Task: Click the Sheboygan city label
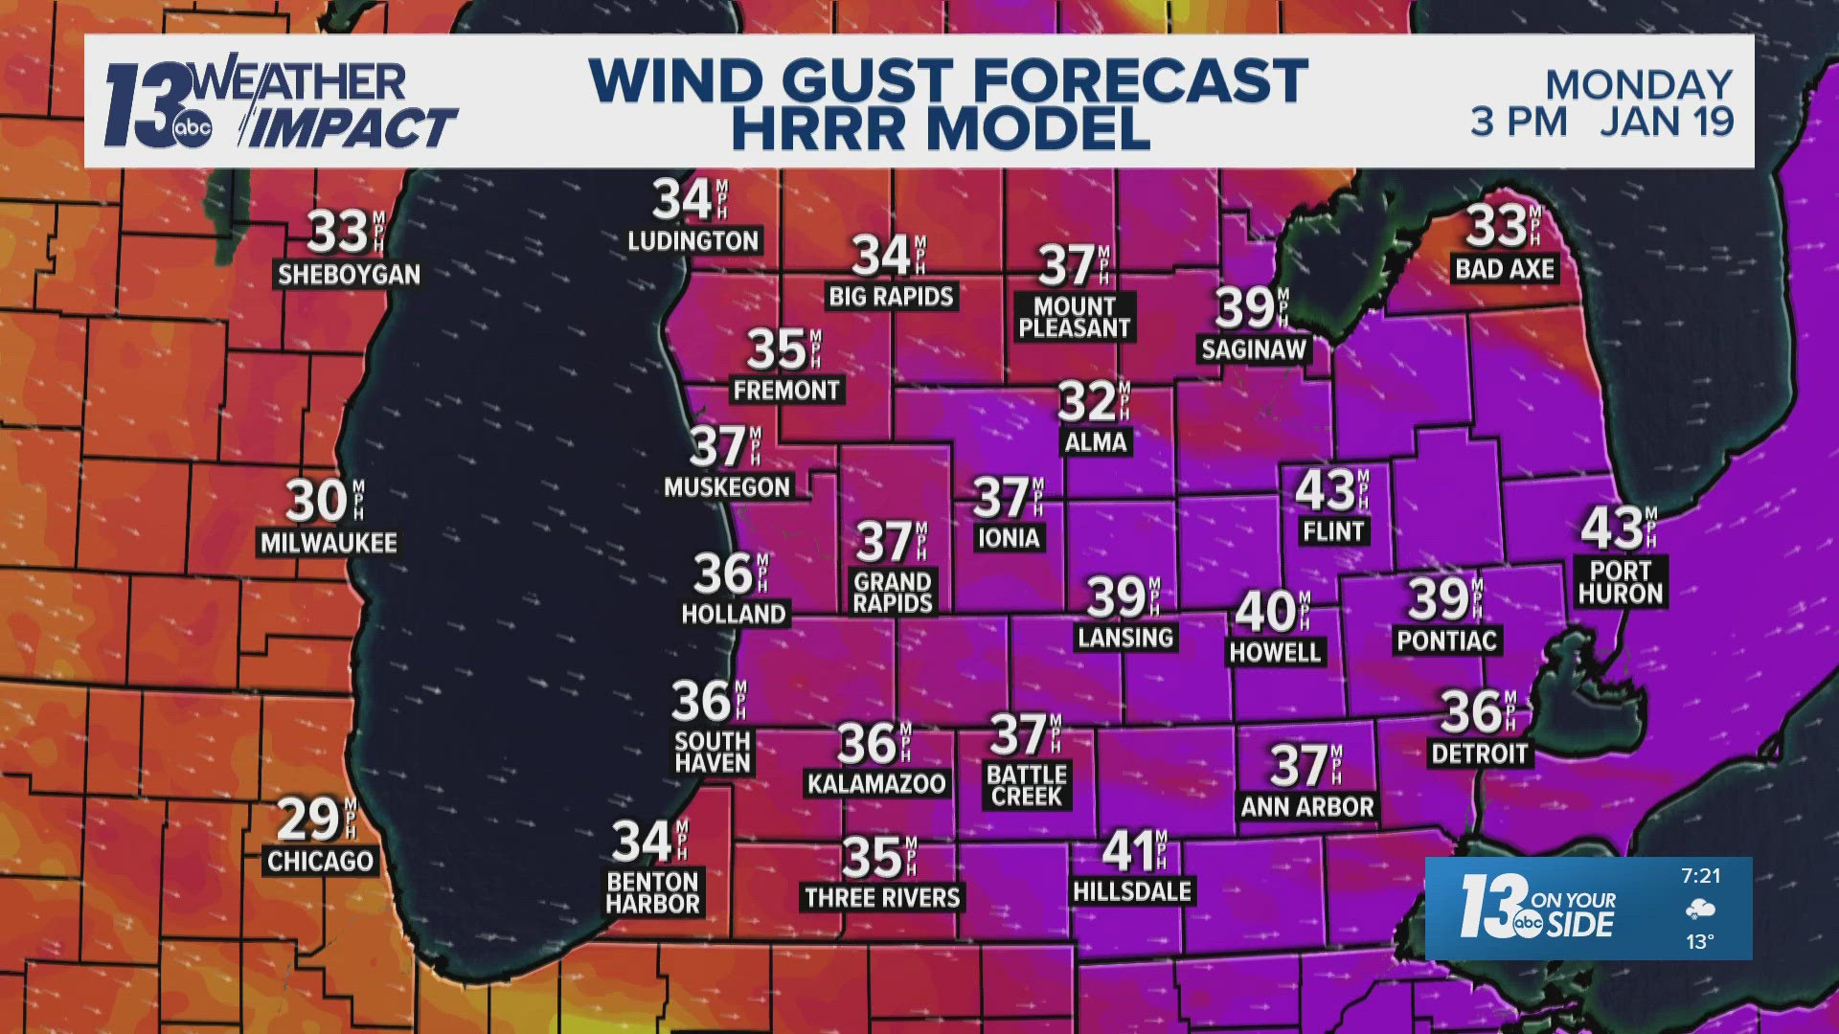(349, 275)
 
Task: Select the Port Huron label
(1621, 582)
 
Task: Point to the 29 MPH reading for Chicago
(308, 820)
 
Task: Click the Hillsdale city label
(1132, 891)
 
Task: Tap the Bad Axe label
(1504, 269)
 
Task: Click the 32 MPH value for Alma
(1087, 402)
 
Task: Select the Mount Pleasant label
(1075, 317)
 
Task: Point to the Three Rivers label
(882, 897)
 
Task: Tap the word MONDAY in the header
(1639, 85)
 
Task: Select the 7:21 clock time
(1700, 875)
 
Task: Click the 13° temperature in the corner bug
(1699, 942)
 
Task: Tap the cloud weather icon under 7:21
(1700, 909)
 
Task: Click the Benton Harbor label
(653, 892)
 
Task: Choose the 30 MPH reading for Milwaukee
(317, 502)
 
